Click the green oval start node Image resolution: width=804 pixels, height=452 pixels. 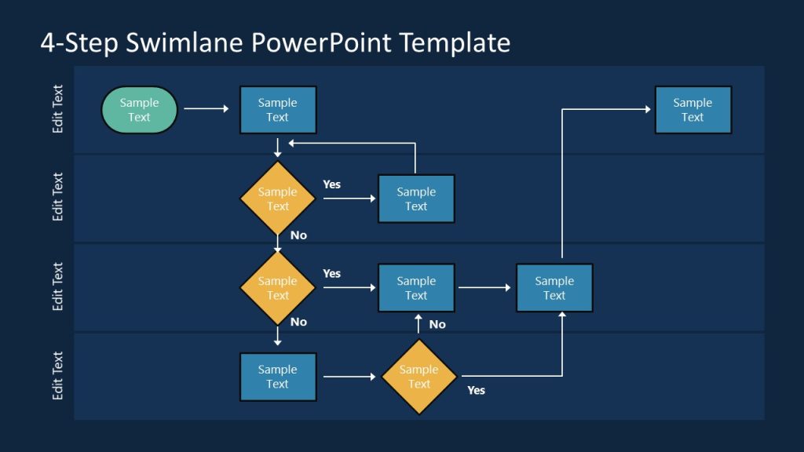(x=140, y=110)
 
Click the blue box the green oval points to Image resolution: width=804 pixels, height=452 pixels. (x=277, y=110)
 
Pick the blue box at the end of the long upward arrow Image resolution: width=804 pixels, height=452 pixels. (x=693, y=110)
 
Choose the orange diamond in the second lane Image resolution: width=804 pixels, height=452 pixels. (x=277, y=199)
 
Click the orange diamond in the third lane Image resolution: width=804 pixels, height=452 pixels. (x=277, y=288)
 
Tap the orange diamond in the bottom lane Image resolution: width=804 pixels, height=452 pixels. (x=418, y=377)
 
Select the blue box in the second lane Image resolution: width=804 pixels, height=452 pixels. (x=416, y=199)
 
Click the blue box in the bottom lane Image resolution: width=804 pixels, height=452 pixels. (x=277, y=377)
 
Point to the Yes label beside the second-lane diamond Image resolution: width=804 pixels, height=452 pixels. (x=331, y=184)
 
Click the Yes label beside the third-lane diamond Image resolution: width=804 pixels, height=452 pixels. (x=331, y=274)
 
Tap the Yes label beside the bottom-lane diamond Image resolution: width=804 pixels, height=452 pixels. (x=476, y=390)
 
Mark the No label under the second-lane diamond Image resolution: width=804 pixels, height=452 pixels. (x=298, y=235)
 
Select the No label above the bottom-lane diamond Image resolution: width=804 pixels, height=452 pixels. (x=437, y=324)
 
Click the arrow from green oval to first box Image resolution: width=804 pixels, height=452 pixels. (x=206, y=110)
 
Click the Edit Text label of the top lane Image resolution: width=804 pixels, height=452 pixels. (x=57, y=109)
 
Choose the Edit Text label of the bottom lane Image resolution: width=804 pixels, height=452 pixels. (x=57, y=376)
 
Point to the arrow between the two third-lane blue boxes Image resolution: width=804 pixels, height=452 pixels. (x=484, y=288)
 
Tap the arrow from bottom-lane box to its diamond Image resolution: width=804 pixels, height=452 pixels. (x=349, y=377)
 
